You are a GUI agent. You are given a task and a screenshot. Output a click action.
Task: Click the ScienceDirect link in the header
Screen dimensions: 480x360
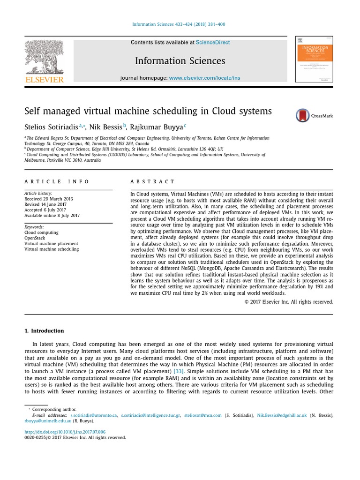point(213,42)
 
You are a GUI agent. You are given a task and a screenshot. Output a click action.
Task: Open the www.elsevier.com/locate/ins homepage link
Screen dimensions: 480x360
point(204,78)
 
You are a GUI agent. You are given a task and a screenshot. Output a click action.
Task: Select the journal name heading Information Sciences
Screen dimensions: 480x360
point(180,61)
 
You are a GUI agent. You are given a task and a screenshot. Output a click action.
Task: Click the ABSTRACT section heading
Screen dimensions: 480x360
point(152,181)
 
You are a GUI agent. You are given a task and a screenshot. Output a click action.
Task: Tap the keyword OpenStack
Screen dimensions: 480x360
point(35,238)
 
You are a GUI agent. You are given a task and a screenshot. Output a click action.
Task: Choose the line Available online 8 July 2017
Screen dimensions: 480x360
point(52,216)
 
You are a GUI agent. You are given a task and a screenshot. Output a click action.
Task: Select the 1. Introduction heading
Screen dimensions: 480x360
point(44,330)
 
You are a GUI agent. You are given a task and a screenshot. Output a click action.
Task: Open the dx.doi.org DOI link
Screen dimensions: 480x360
point(65,432)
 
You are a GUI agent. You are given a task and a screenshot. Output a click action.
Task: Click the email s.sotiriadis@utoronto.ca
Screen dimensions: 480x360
point(93,415)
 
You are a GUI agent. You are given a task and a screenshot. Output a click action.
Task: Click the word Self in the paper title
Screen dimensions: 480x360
point(32,112)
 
